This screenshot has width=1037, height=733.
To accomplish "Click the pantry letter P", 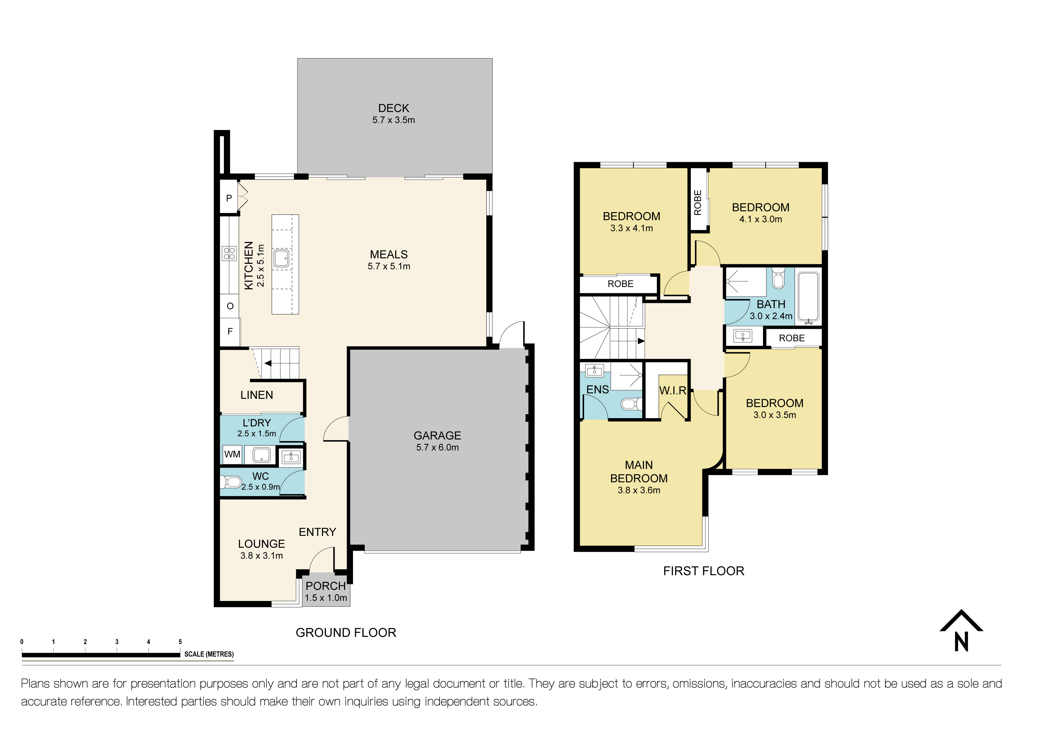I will [x=229, y=198].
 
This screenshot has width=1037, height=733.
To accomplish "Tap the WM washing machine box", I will [x=232, y=455].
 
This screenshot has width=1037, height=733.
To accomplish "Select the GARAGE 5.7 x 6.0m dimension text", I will [x=437, y=447].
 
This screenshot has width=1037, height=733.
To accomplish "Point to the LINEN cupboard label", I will [x=256, y=395].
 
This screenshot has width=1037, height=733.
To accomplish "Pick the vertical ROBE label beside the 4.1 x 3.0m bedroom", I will [x=698, y=202].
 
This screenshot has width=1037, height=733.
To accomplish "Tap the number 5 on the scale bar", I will [x=180, y=642].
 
